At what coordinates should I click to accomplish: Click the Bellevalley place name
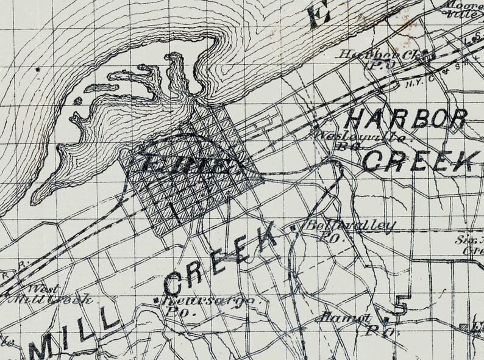349,226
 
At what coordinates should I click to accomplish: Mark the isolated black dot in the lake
38,70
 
